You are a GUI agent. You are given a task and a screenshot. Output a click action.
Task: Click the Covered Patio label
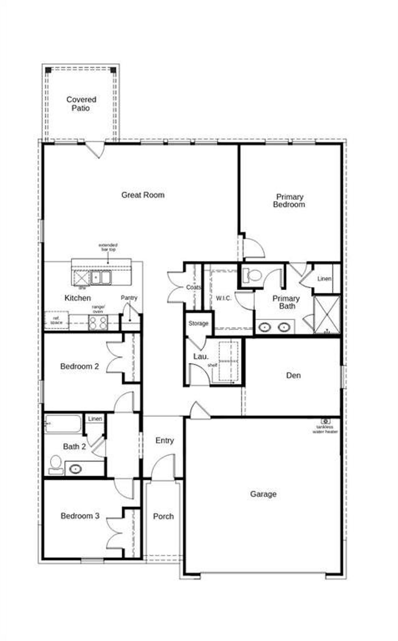(81, 104)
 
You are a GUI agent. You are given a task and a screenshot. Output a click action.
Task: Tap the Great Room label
(143, 195)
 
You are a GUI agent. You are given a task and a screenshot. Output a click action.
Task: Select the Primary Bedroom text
(289, 201)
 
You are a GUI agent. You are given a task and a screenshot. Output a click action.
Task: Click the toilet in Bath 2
(56, 465)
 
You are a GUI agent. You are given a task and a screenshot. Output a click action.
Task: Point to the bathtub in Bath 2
(63, 424)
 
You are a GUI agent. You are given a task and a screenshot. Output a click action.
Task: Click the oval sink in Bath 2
(75, 469)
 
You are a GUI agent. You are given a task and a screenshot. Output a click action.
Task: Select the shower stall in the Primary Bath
(327, 315)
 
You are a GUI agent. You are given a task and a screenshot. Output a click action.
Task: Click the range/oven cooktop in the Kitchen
(98, 322)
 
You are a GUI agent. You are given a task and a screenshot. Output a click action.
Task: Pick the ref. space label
(56, 320)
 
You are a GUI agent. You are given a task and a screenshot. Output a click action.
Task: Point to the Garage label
(263, 494)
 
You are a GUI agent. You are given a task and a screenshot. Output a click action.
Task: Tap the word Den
(293, 375)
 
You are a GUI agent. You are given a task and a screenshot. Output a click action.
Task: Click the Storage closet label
(198, 323)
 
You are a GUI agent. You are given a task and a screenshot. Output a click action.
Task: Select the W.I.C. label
(224, 298)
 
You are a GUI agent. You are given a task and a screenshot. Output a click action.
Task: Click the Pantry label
(129, 298)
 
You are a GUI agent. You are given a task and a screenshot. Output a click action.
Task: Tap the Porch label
(163, 516)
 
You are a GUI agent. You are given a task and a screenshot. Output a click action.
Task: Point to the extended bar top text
(108, 247)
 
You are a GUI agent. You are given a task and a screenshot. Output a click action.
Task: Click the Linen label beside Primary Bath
(324, 279)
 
